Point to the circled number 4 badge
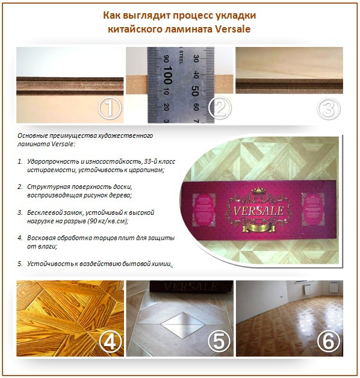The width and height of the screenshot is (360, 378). pos(110,341)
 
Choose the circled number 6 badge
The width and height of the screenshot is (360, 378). pos(328,341)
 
